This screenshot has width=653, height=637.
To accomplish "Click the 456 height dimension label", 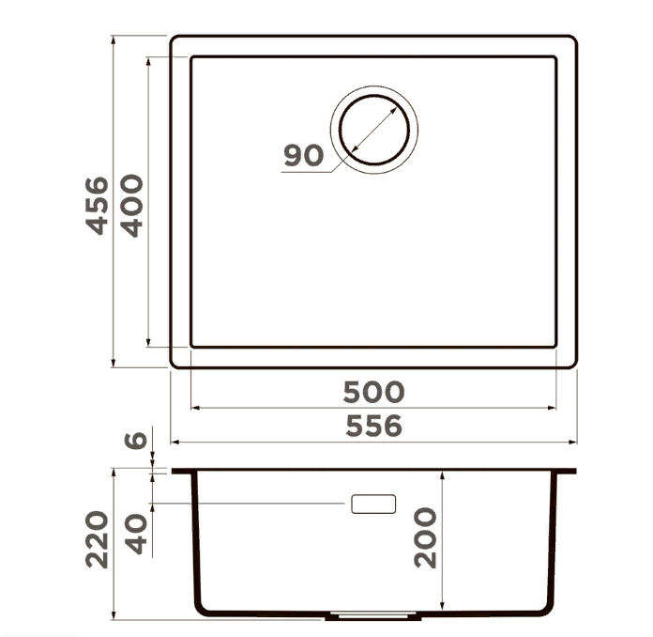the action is click(97, 206).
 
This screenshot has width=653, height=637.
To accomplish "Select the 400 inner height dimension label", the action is click(131, 206).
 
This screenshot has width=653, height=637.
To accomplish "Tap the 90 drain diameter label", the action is click(304, 155).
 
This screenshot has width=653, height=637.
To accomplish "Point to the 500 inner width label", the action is click(373, 392).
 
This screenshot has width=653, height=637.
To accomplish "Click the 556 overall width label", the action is click(374, 426).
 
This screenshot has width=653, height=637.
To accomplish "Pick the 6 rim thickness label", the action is click(136, 441).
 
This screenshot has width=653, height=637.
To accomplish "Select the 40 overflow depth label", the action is click(137, 534).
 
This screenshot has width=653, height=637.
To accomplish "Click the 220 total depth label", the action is click(97, 539).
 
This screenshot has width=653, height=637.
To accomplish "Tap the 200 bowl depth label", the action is click(425, 537).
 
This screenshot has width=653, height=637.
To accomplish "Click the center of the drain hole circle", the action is click(374, 130).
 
